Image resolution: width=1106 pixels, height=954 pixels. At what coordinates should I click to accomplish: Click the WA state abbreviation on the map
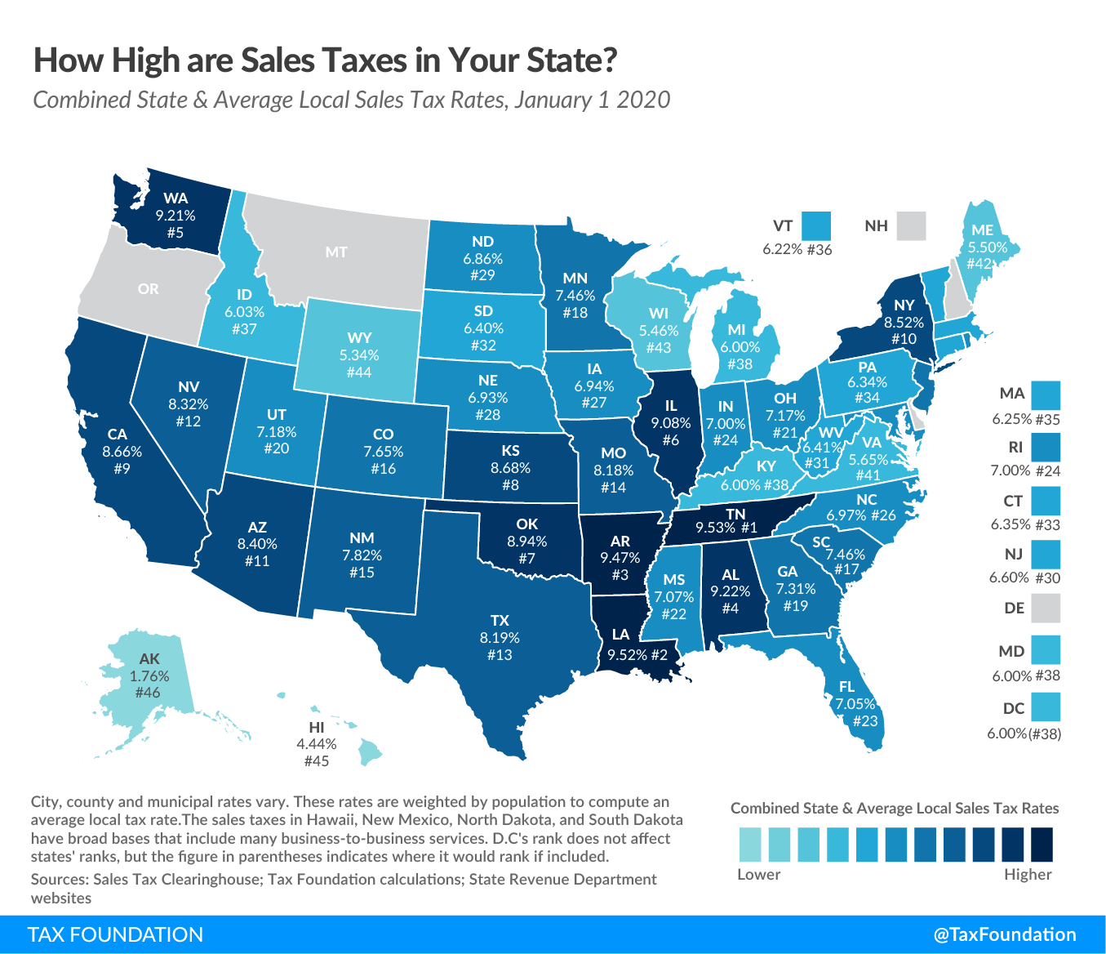click(x=175, y=198)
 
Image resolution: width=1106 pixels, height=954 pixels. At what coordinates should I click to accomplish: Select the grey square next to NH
click(x=911, y=226)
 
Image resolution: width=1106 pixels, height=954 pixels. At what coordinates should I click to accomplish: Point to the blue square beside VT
click(x=815, y=226)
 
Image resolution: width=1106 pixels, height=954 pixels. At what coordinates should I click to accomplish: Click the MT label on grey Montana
click(x=336, y=252)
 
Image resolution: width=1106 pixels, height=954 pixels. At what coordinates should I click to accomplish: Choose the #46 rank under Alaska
click(x=148, y=693)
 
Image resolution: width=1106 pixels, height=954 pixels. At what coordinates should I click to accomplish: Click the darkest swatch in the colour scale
click(x=1041, y=845)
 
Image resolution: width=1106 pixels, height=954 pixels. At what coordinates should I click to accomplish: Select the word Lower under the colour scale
click(x=758, y=875)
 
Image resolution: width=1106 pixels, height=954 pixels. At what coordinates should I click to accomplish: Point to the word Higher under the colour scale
click(x=1028, y=875)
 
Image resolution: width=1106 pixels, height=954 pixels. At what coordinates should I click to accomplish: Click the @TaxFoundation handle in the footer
click(x=1004, y=935)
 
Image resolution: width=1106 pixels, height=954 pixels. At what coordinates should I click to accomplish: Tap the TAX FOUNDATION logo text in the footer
click(x=115, y=935)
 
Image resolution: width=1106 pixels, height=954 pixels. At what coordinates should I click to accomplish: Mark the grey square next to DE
click(x=1046, y=609)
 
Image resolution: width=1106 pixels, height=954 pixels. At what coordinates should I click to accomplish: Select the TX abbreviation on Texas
click(x=500, y=621)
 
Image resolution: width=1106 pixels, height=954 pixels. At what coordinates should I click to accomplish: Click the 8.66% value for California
click(x=122, y=452)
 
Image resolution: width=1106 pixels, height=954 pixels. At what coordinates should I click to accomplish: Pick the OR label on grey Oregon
click(x=149, y=289)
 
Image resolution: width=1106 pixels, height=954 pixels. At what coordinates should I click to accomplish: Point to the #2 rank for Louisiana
click(x=660, y=655)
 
